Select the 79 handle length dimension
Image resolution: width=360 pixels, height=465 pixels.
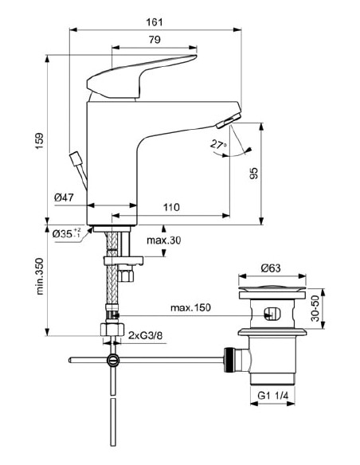pos(156,40)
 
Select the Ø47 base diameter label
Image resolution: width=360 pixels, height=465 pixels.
pos(65,197)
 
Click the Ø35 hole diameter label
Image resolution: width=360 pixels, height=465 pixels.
pos(68,233)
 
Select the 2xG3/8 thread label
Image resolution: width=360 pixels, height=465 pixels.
pos(147,337)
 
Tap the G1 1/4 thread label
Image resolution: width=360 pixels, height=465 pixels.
pos(272,394)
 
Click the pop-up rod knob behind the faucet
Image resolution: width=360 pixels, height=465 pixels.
pos(76,157)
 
